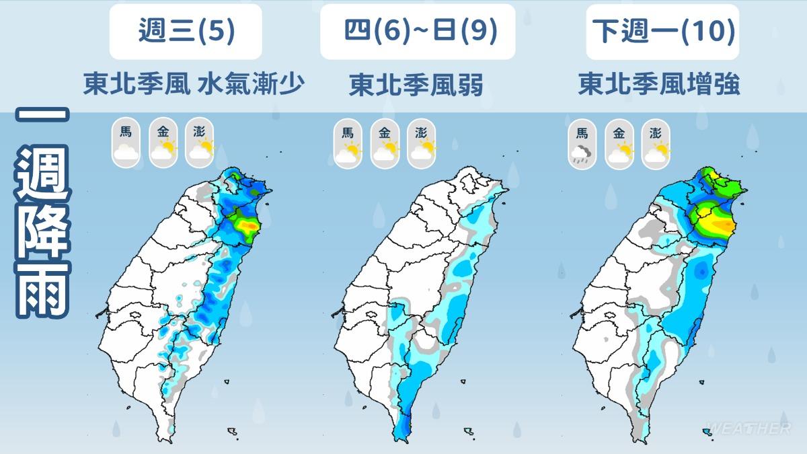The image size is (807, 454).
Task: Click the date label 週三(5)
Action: click(186, 32)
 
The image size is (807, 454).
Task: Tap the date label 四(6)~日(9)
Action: click(417, 32)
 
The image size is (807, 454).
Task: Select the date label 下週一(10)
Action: click(662, 32)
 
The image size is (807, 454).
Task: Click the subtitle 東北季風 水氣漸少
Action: click(194, 85)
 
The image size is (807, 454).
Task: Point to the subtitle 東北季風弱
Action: click(416, 85)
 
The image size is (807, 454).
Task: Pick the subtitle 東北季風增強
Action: click(659, 85)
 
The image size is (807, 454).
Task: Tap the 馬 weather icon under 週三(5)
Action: click(126, 143)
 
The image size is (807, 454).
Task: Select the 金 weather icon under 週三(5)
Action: click(163, 143)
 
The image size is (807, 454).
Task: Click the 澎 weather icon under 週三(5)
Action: click(200, 143)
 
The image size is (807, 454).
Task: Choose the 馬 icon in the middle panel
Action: click(348, 143)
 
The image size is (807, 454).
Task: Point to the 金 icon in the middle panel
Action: click(385, 143)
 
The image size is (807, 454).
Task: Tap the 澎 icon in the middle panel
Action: click(422, 143)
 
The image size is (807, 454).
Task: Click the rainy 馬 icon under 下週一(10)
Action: click(582, 143)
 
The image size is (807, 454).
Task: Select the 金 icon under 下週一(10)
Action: click(619, 143)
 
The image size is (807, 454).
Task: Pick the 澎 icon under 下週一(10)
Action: click(656, 143)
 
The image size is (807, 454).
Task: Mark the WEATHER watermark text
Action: click(748, 428)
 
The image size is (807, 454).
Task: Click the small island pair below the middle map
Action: click(469, 431)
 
